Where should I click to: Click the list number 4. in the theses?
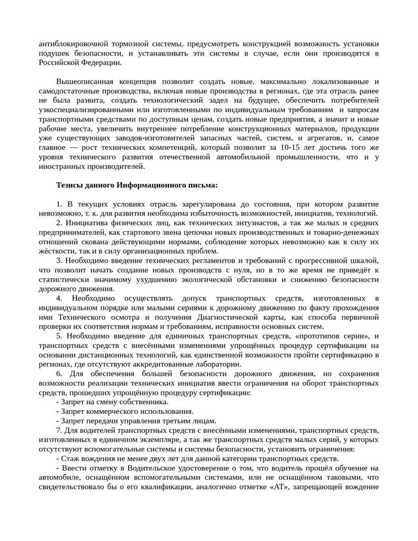pos(60,299)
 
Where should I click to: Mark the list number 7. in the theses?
pos(59,431)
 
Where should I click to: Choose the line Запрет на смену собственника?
pos(105,402)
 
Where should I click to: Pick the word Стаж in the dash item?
pos(70,459)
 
